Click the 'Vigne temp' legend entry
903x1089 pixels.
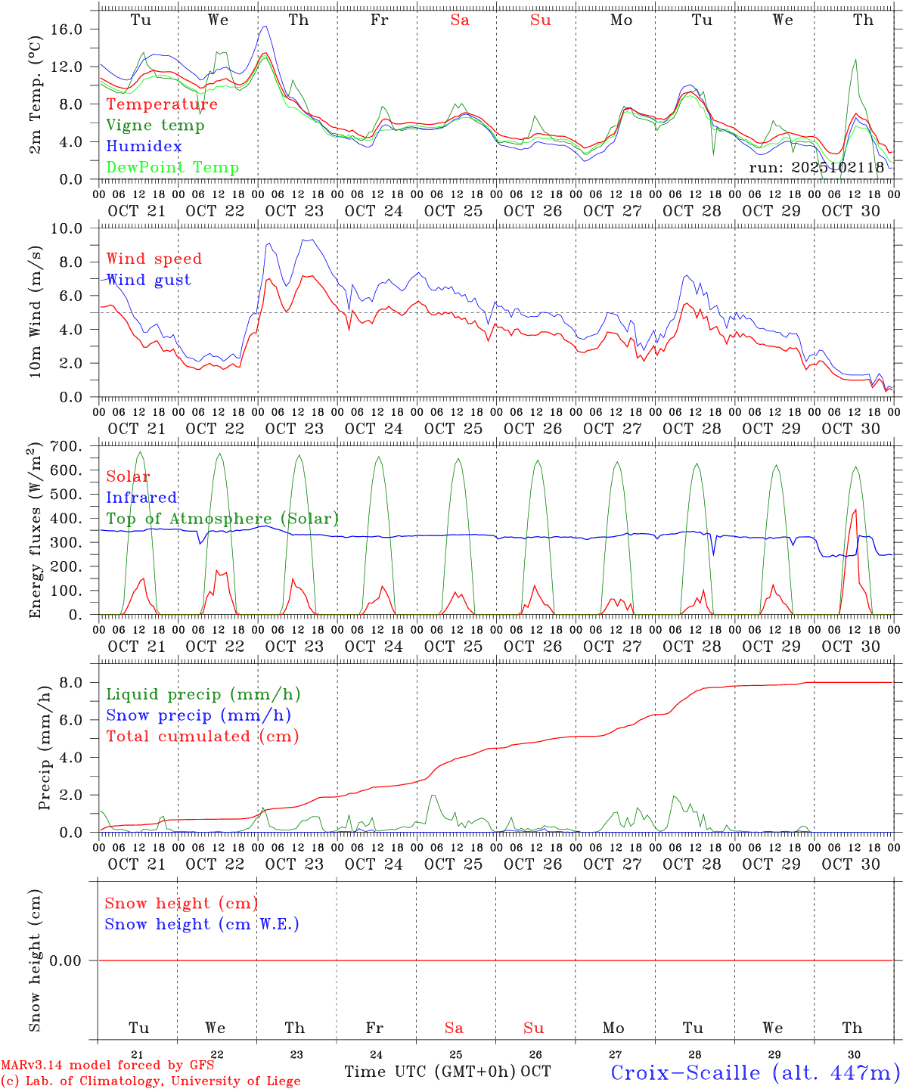(155, 126)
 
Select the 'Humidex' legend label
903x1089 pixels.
(144, 147)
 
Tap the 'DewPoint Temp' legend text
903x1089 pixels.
(172, 168)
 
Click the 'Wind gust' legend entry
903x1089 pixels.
(148, 280)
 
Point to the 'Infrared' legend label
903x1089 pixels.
(141, 498)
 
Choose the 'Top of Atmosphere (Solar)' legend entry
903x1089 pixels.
(222, 519)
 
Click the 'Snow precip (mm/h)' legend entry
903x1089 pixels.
(198, 715)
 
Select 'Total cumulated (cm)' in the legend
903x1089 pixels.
(202, 737)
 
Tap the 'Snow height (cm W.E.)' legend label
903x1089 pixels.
(202, 924)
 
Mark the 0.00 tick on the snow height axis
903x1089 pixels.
(71, 960)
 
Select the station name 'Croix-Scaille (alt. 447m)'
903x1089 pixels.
(755, 1072)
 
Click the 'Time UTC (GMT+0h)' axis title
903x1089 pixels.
(430, 1072)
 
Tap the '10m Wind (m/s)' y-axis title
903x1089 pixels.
(36, 313)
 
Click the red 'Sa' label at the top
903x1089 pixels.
(460, 20)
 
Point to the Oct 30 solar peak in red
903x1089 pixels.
(855, 510)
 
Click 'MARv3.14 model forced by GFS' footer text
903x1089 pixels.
(107, 1066)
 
